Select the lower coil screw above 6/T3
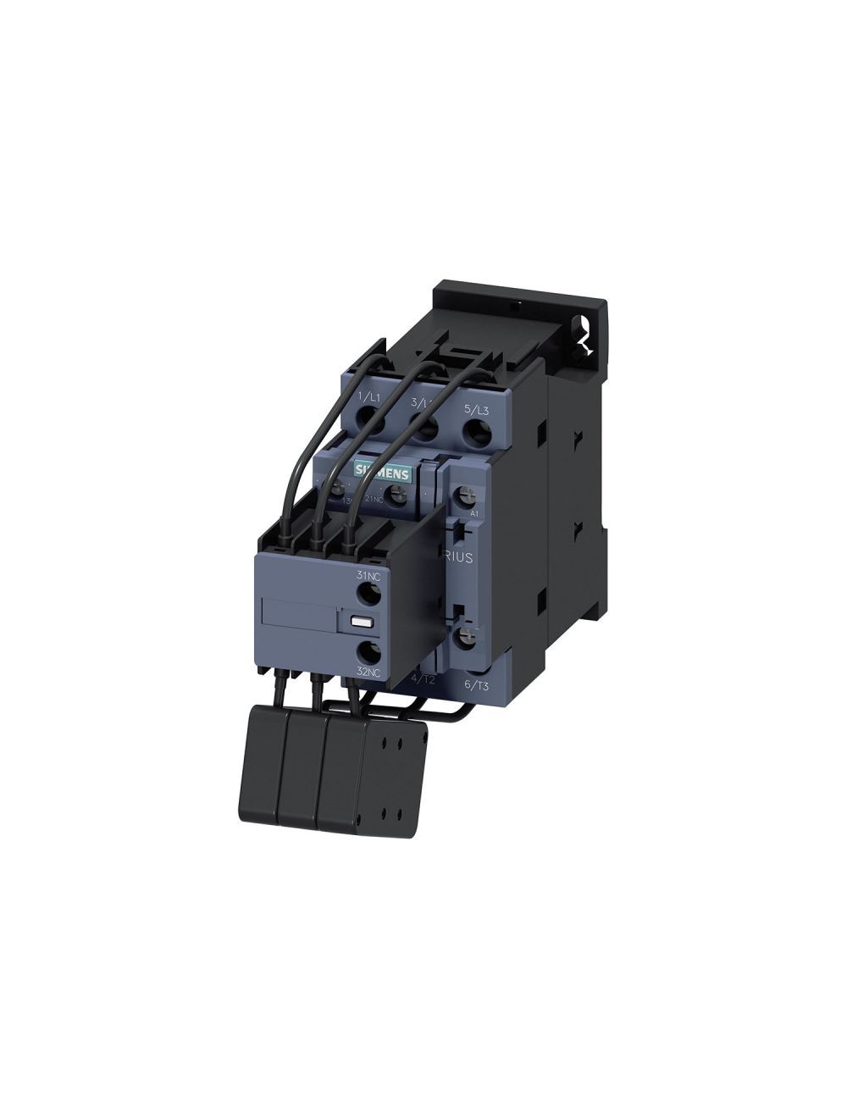point(464,635)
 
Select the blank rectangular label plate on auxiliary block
point(298,616)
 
